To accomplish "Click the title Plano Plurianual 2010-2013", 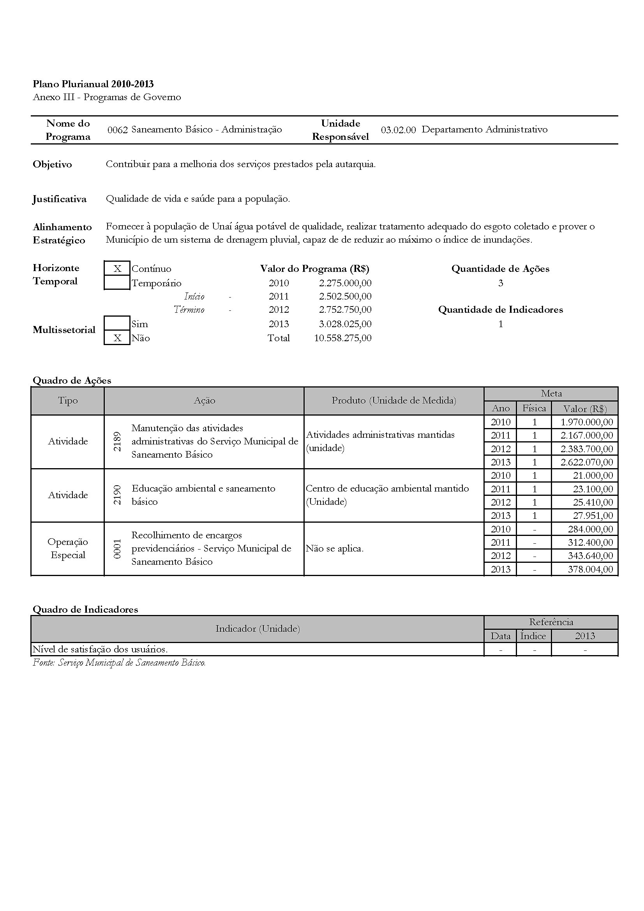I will click(93, 84).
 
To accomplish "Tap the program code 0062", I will click(117, 130).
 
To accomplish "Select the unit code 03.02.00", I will click(398, 130).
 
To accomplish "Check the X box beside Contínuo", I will click(117, 269).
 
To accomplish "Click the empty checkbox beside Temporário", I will click(117, 283).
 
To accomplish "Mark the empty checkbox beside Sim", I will click(117, 323).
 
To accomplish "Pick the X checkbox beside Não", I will click(117, 338).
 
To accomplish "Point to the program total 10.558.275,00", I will click(343, 338).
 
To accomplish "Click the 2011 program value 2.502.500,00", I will click(345, 296).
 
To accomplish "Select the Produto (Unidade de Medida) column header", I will click(393, 401).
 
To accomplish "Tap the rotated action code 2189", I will click(117, 442).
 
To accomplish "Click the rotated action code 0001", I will click(117, 549).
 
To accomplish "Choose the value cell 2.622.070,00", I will click(586, 462).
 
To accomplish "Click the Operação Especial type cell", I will click(68, 548).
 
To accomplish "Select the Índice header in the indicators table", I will click(533, 636).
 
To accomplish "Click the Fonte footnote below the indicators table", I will click(119, 663).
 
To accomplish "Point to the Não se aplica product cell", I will click(335, 549).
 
